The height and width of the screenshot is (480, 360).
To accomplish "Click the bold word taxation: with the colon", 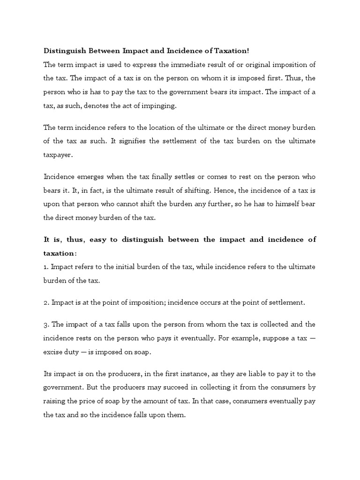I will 60,253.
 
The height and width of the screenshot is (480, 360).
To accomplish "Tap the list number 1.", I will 45,266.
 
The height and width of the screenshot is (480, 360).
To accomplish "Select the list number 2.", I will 46,302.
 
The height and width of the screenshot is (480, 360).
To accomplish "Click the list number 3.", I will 46,324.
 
